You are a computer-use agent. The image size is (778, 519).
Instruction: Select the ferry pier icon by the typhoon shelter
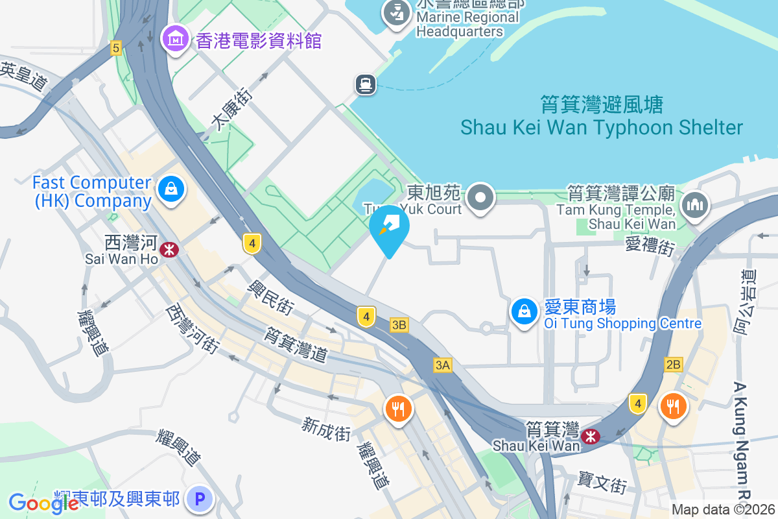[x=366, y=84]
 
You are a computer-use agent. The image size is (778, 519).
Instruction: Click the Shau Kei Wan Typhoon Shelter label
[x=601, y=116]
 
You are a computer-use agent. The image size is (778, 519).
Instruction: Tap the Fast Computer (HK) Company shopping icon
[x=171, y=190]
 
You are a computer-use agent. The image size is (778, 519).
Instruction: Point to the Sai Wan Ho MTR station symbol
[x=169, y=249]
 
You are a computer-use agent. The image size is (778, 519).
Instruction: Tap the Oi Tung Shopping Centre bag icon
[x=525, y=312]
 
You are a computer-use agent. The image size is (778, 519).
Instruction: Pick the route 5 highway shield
[x=116, y=47]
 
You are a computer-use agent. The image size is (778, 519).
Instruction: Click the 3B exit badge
[x=399, y=325]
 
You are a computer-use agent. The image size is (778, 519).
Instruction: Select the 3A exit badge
[x=442, y=366]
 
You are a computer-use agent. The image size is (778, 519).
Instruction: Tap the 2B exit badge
[x=673, y=364]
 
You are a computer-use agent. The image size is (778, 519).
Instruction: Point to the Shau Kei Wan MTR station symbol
[x=591, y=437]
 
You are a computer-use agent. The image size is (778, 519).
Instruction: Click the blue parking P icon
[x=200, y=499]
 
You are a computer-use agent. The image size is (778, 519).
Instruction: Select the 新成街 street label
[x=326, y=428]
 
